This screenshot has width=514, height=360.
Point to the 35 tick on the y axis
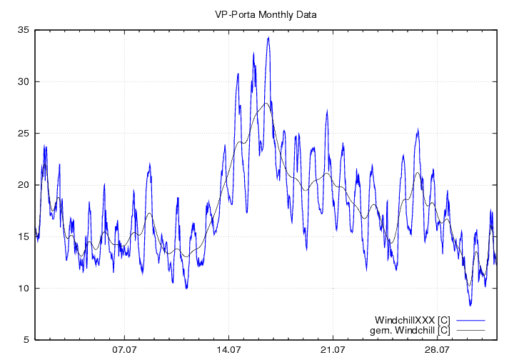24,30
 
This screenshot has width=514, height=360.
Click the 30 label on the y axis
24,81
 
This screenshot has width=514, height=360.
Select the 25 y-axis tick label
24,134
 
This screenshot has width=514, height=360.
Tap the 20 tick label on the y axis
24,185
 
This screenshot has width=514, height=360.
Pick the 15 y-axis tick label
24,236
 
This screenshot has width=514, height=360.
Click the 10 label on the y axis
24,289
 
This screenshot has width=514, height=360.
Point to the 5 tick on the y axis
26,340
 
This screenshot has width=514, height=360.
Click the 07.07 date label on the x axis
124,350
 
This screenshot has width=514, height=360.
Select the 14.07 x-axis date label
228,350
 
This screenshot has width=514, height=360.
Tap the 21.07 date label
333,350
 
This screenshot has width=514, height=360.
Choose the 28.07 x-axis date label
437,350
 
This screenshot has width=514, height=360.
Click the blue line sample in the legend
470,319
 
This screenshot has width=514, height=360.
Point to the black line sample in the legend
470,330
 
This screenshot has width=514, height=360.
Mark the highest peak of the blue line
268,38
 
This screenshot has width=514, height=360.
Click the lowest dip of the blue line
470,305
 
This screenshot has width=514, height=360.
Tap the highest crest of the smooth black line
266,103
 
